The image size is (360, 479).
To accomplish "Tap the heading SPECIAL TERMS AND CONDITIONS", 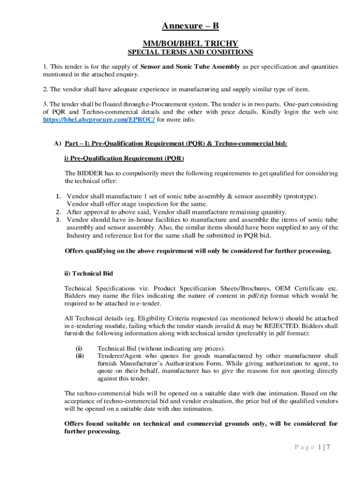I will [x=190, y=52].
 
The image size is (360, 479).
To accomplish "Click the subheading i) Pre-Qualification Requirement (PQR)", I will [x=124, y=159].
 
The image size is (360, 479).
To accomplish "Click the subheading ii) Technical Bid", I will [x=88, y=273].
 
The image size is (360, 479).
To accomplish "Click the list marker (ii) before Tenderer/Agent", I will [x=79, y=356].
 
